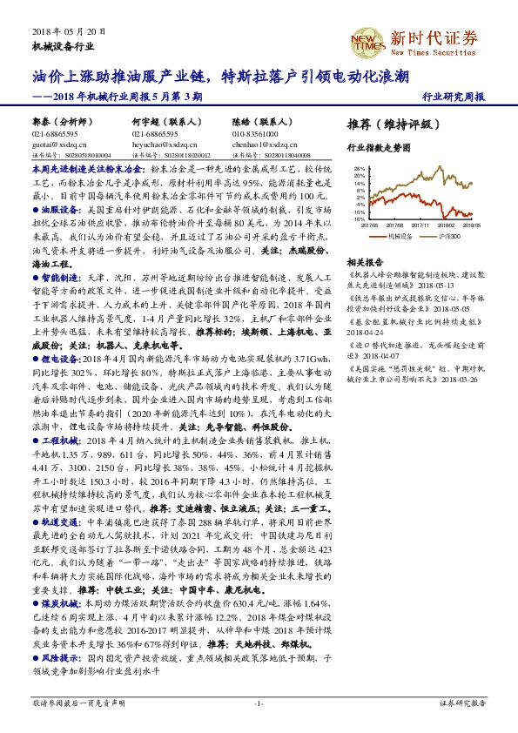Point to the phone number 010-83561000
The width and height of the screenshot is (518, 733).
255,134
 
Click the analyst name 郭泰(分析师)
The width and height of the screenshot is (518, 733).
59,124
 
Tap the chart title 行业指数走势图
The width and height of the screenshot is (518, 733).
379,148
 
